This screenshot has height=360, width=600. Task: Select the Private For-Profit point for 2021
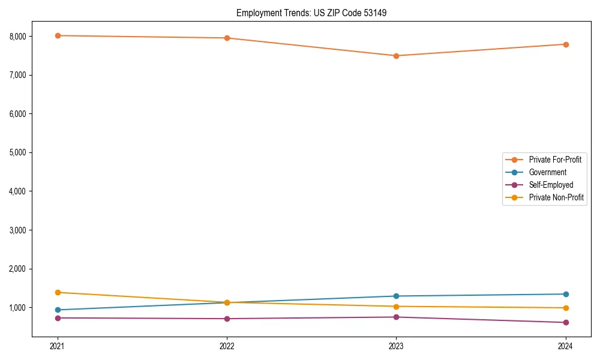point(58,35)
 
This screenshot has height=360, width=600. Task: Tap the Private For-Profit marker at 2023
point(396,56)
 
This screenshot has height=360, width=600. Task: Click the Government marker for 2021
point(58,310)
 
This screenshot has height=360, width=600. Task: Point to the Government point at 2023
point(396,296)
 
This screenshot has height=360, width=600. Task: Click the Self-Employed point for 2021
point(58,318)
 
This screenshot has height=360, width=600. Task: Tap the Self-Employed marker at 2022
point(227,319)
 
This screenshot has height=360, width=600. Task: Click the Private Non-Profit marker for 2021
point(58,292)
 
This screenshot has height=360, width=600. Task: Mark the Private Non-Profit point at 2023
point(396,307)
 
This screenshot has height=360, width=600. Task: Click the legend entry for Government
point(547,172)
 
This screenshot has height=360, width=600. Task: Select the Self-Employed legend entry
point(551,185)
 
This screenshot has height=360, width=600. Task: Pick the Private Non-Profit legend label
point(556,197)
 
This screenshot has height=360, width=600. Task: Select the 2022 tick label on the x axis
point(227,346)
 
